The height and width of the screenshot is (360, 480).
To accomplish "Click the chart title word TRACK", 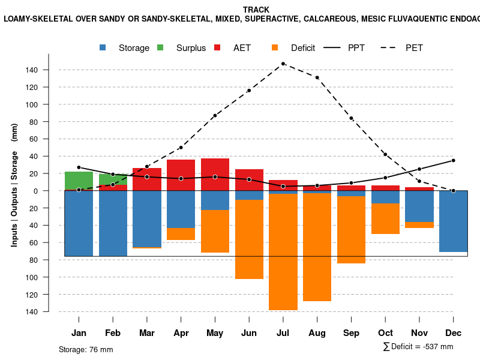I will click(256, 10).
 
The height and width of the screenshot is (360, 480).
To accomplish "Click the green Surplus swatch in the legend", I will click(160, 47).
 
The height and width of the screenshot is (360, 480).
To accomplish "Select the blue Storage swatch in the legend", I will click(103, 47).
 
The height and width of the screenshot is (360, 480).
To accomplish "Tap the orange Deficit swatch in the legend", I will click(275, 47).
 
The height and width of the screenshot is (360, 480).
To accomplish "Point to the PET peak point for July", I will click(283, 64).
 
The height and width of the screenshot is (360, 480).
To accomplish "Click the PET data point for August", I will click(317, 77).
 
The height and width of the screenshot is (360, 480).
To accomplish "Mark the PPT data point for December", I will click(453, 160).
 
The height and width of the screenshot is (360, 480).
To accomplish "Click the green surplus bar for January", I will click(79, 181).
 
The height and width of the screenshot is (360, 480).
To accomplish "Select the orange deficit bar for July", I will click(283, 252).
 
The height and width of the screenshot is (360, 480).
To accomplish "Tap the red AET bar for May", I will click(215, 175).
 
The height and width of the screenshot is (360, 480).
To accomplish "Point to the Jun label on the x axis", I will click(249, 333).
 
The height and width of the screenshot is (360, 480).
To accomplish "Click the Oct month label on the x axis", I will click(385, 333).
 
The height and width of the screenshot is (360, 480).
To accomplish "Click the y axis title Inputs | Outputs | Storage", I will click(14, 185).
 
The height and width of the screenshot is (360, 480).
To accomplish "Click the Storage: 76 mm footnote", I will click(86, 349).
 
